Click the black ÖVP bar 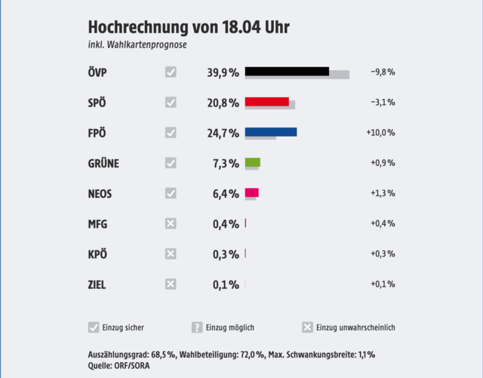coord(287,72)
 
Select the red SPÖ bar coord(266,102)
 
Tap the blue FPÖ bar coord(271,132)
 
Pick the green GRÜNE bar coord(252,162)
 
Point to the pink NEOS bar coord(251,192)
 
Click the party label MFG coord(99,224)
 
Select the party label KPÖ coord(98,254)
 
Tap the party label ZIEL coord(97,284)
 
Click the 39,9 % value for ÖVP coord(223,73)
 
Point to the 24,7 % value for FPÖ coord(223,134)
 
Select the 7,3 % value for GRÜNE coord(226,164)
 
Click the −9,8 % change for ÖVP coord(383,72)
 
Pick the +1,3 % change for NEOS coord(383,193)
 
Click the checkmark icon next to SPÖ coord(171,103)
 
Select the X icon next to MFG coord(171,223)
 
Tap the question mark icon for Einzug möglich coord(197,327)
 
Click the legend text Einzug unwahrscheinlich coord(355,327)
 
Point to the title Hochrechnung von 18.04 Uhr coord(189,28)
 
